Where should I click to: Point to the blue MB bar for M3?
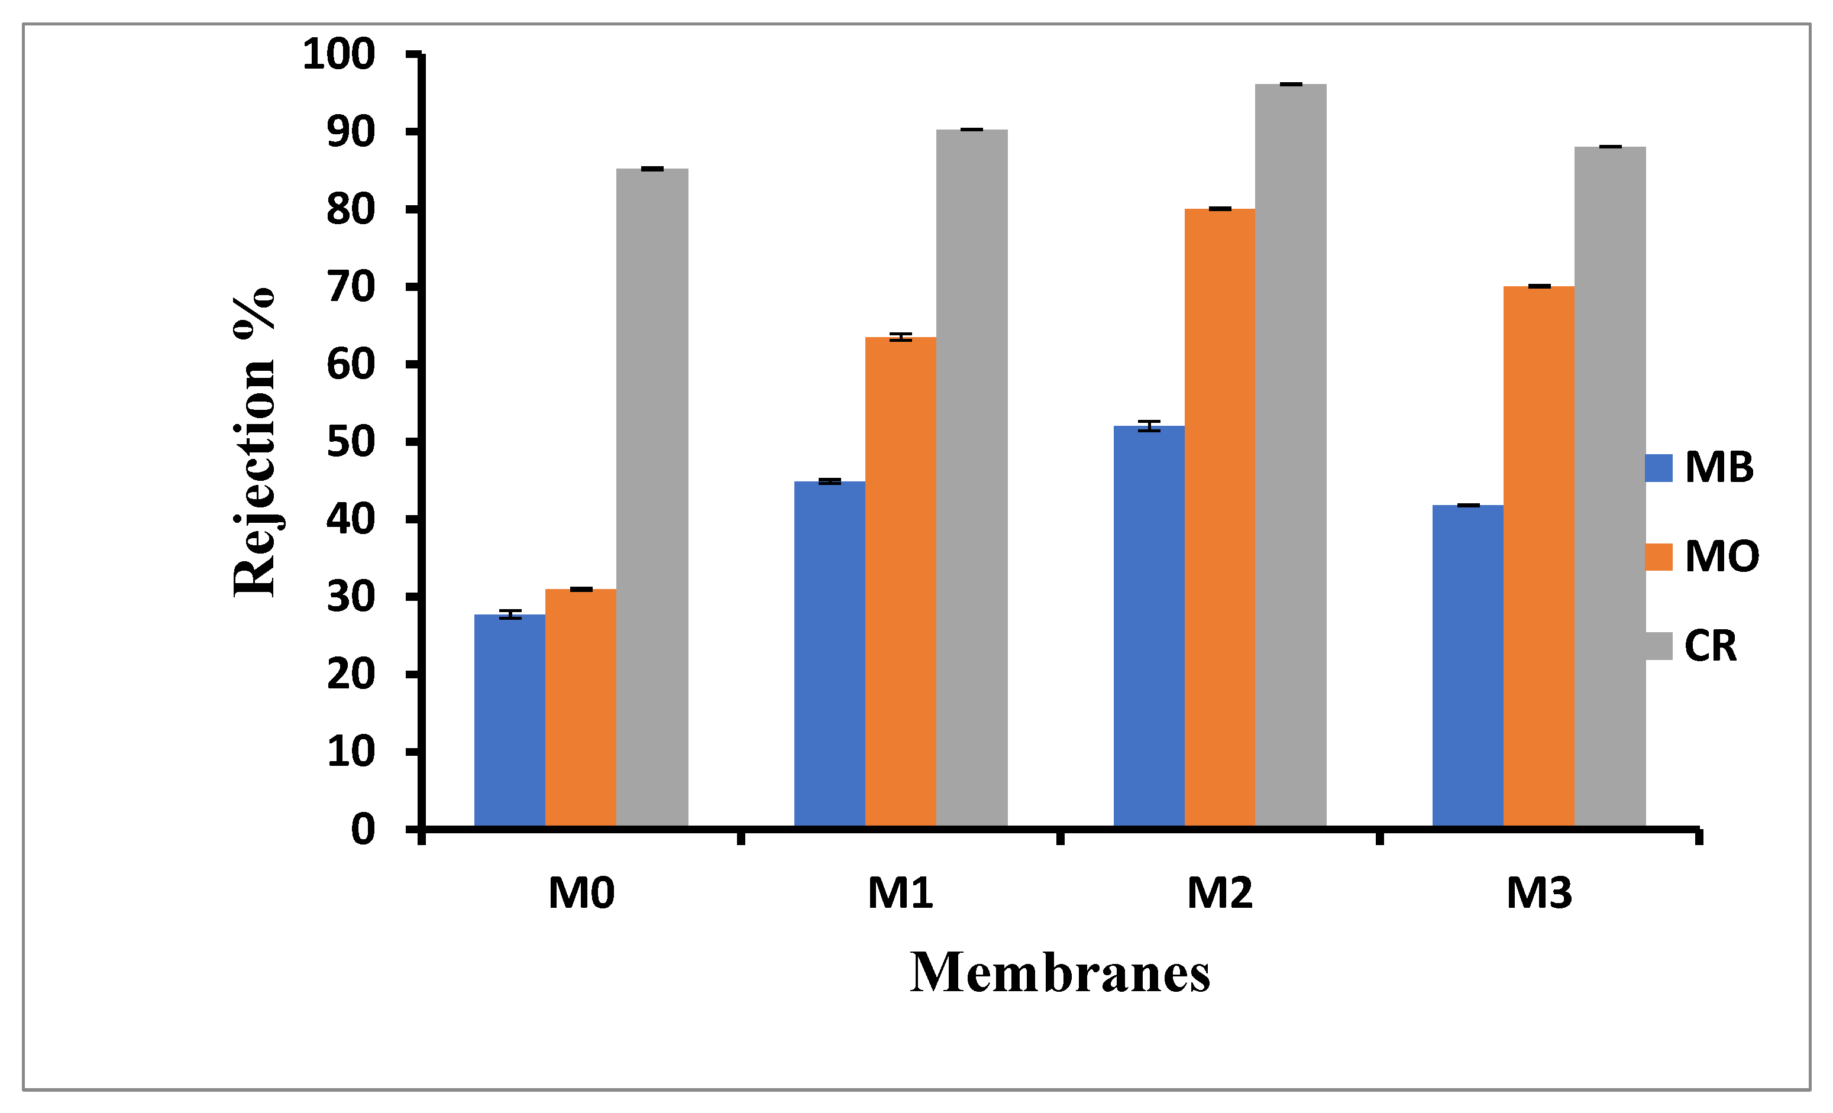(1467, 665)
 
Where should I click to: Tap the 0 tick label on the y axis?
(363, 829)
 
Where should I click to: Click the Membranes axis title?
(1060, 973)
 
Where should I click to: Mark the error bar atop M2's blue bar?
(1149, 426)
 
